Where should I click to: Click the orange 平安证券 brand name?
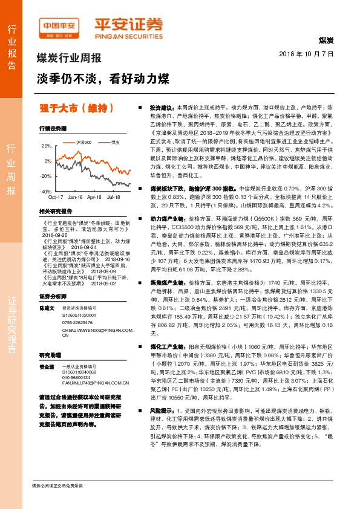click(128, 24)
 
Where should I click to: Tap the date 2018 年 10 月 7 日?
click(307, 54)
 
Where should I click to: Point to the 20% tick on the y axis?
click(47, 146)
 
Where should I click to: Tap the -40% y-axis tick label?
click(45, 191)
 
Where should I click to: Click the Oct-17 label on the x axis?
click(56, 197)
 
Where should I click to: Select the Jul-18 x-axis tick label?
click(113, 197)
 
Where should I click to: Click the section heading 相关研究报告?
click(55, 212)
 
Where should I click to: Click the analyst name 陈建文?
click(47, 308)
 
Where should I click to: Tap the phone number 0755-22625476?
click(80, 323)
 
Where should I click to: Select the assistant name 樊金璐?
click(47, 367)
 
